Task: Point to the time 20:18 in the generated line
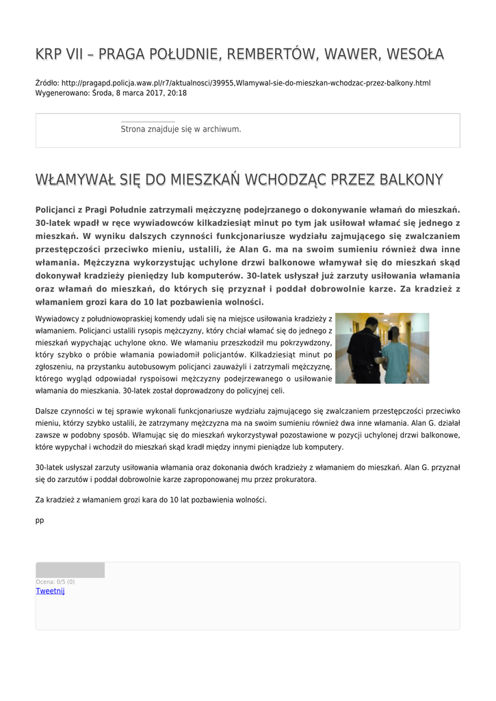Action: pyautogui.click(x=177, y=92)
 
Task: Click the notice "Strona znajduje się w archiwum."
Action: pyautogui.click(x=181, y=129)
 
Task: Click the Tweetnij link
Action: pyautogui.click(x=50, y=591)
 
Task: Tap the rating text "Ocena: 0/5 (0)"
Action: pyautogui.click(x=55, y=582)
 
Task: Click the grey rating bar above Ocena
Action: pyautogui.click(x=70, y=570)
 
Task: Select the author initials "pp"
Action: pyautogui.click(x=39, y=520)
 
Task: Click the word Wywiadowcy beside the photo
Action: pyautogui.click(x=57, y=318)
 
